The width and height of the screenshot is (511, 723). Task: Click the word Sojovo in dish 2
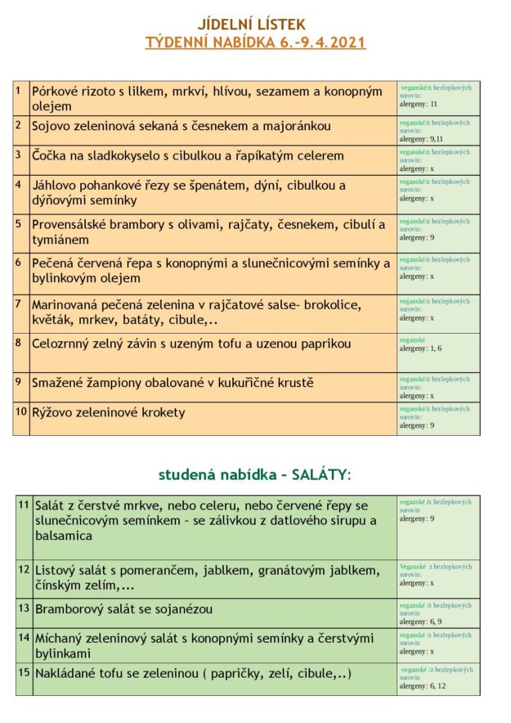click(x=52, y=126)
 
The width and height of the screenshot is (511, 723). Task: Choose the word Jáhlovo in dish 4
click(x=56, y=186)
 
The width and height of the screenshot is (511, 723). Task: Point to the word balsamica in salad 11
click(x=64, y=536)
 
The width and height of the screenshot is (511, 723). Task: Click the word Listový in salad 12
click(x=56, y=569)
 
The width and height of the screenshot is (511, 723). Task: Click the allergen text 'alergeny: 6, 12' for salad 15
click(x=423, y=685)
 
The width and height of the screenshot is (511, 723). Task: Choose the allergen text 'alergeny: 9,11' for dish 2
click(x=421, y=139)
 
